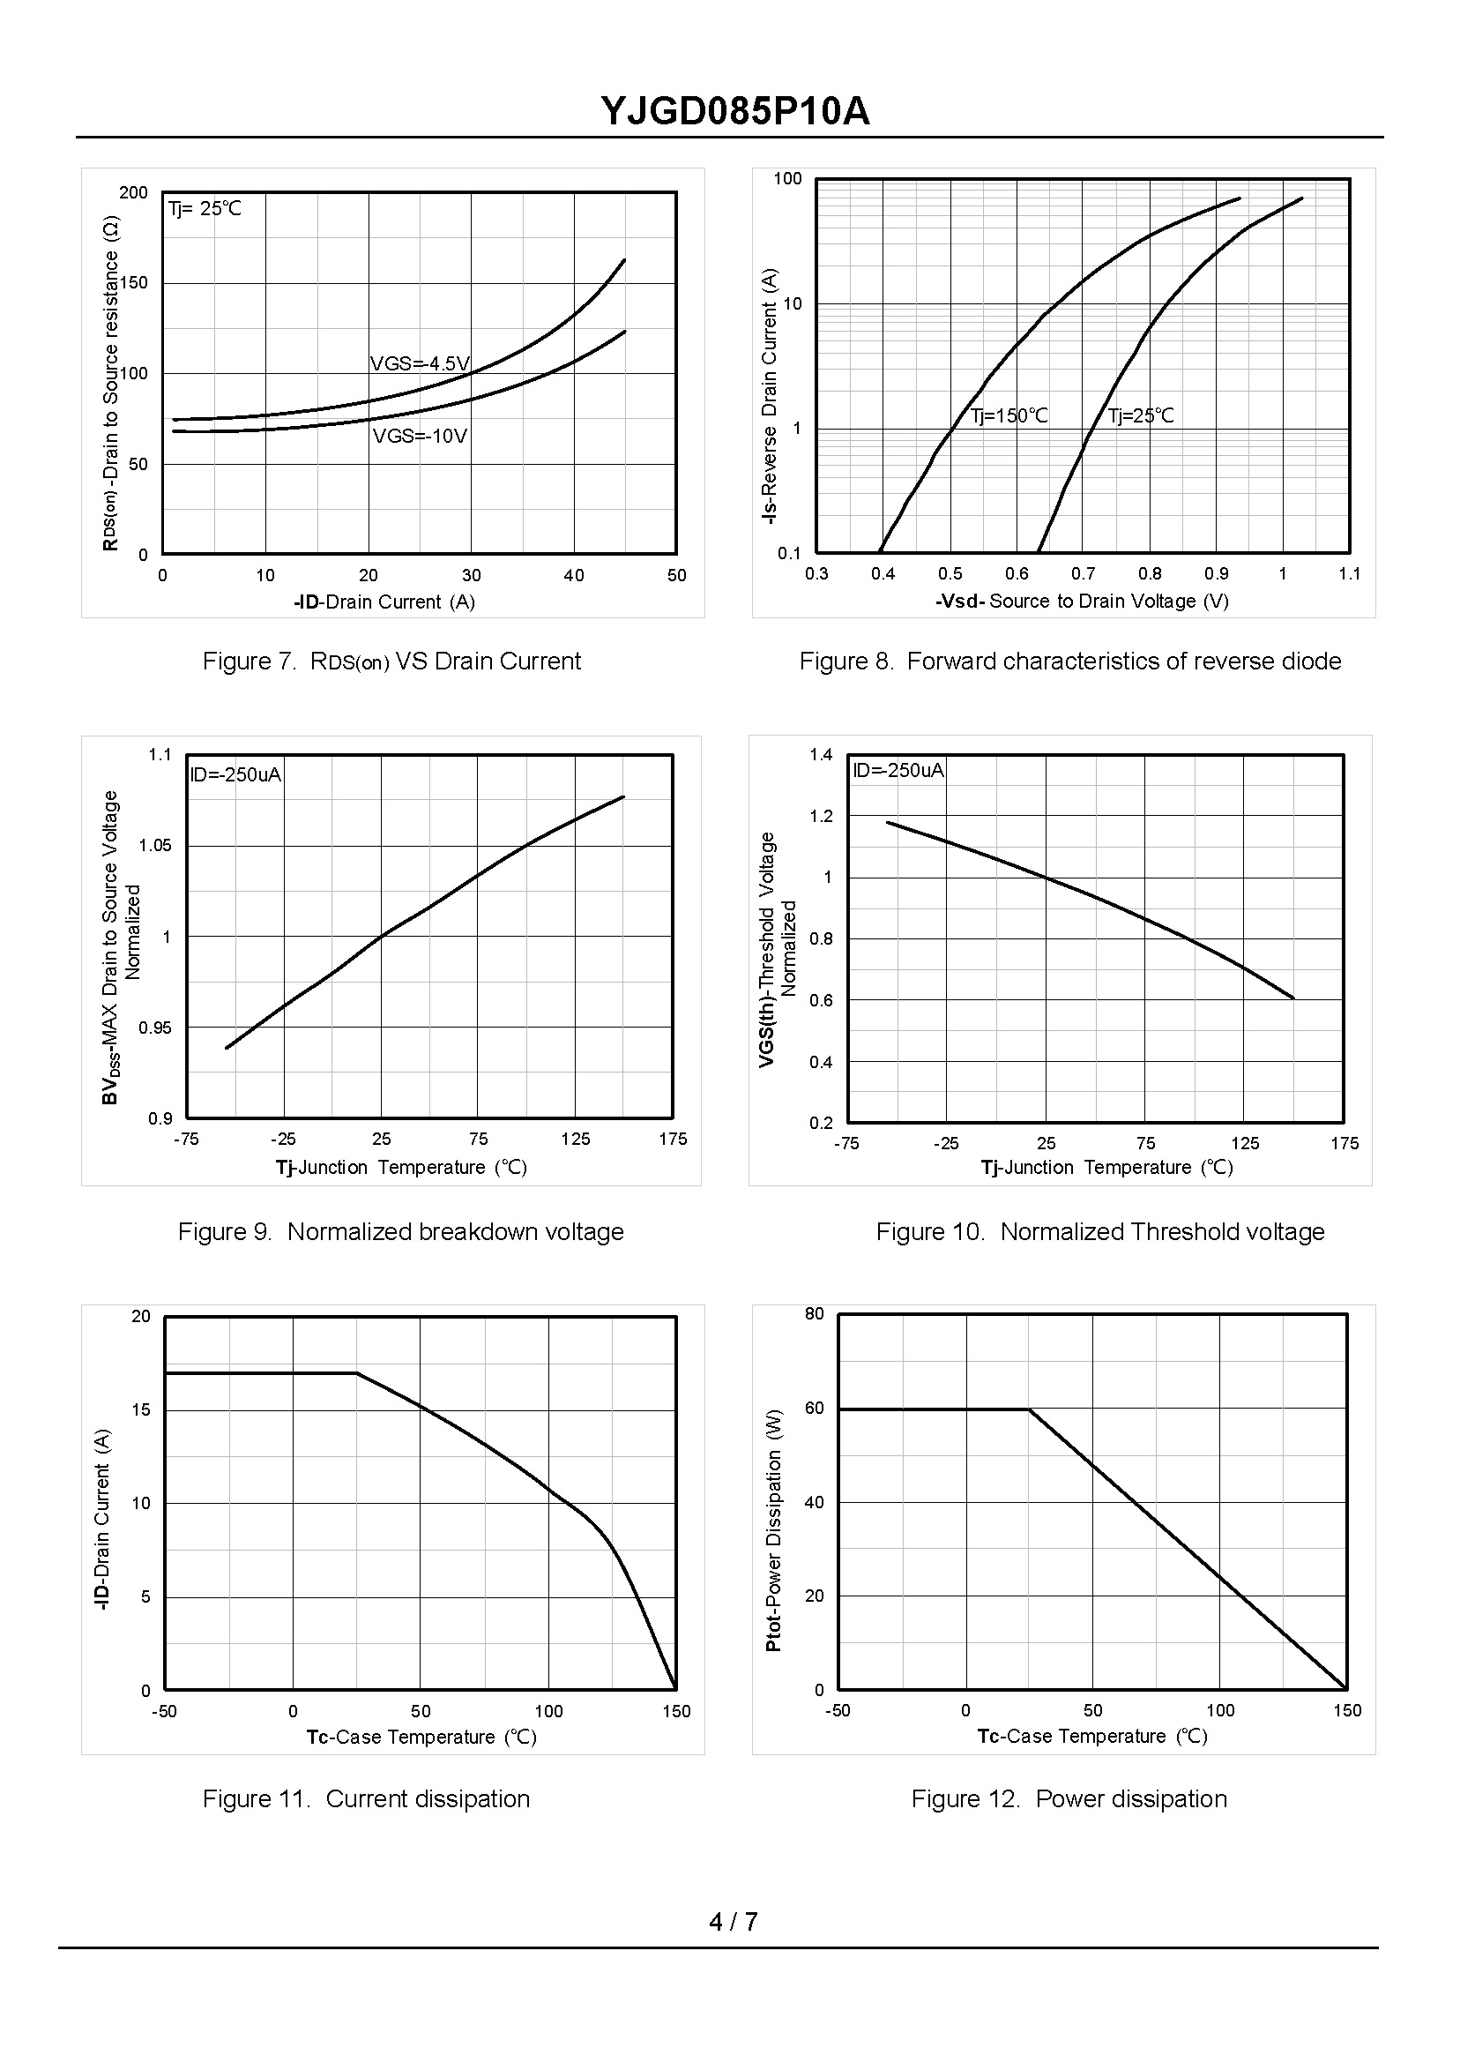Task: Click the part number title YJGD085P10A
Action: pyautogui.click(x=734, y=112)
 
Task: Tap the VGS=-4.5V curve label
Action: pyautogui.click(x=420, y=363)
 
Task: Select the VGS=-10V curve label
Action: pyautogui.click(x=420, y=437)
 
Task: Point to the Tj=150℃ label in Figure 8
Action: pyautogui.click(x=1009, y=415)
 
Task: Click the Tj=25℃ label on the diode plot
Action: pyautogui.click(x=1141, y=415)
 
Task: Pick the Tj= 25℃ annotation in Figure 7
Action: pyautogui.click(x=205, y=209)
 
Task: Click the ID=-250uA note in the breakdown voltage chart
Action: pyautogui.click(x=235, y=774)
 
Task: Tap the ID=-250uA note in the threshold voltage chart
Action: pyautogui.click(x=898, y=770)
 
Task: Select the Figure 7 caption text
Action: pyautogui.click(x=391, y=661)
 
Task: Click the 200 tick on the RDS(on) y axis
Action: pyautogui.click(x=133, y=192)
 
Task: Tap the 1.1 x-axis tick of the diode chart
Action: pyautogui.click(x=1349, y=574)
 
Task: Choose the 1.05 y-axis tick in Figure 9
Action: pyautogui.click(x=154, y=845)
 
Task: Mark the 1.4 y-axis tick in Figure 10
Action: pyautogui.click(x=821, y=754)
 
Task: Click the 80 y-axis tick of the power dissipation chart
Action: pyautogui.click(x=814, y=1314)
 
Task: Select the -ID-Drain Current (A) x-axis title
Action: pyautogui.click(x=384, y=602)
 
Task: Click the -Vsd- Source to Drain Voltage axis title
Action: pyautogui.click(x=1082, y=601)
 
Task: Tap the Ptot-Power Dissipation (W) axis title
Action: pyautogui.click(x=773, y=1529)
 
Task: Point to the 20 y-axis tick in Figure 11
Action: pyautogui.click(x=141, y=1317)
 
